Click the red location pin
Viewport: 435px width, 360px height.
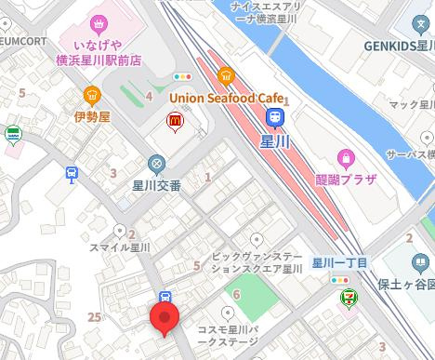click(x=165, y=320)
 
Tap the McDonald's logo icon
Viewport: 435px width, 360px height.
click(x=173, y=120)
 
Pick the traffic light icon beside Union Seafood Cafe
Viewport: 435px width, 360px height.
click(x=182, y=76)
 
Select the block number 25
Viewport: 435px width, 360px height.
click(x=93, y=317)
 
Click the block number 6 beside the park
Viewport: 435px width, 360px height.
click(x=236, y=294)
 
